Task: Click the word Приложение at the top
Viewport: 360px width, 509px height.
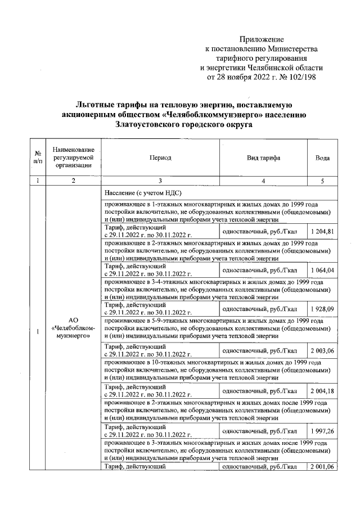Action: pos(262,40)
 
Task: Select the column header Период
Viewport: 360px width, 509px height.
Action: pos(160,159)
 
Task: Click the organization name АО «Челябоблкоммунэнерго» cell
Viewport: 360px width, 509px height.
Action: pos(73,329)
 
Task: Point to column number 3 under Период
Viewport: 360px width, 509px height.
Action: pos(160,181)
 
